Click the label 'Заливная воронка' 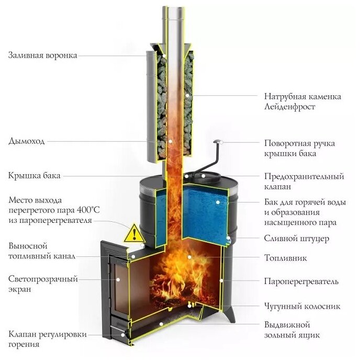(42, 55)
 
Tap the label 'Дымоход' (27, 141)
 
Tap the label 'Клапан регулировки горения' (47, 339)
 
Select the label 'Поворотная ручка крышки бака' (299, 148)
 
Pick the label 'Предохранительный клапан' (303, 182)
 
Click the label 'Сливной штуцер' (296, 239)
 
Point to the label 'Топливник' (285, 258)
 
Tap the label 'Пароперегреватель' (301, 282)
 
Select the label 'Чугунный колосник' (303, 306)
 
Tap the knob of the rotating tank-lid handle (218, 141)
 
